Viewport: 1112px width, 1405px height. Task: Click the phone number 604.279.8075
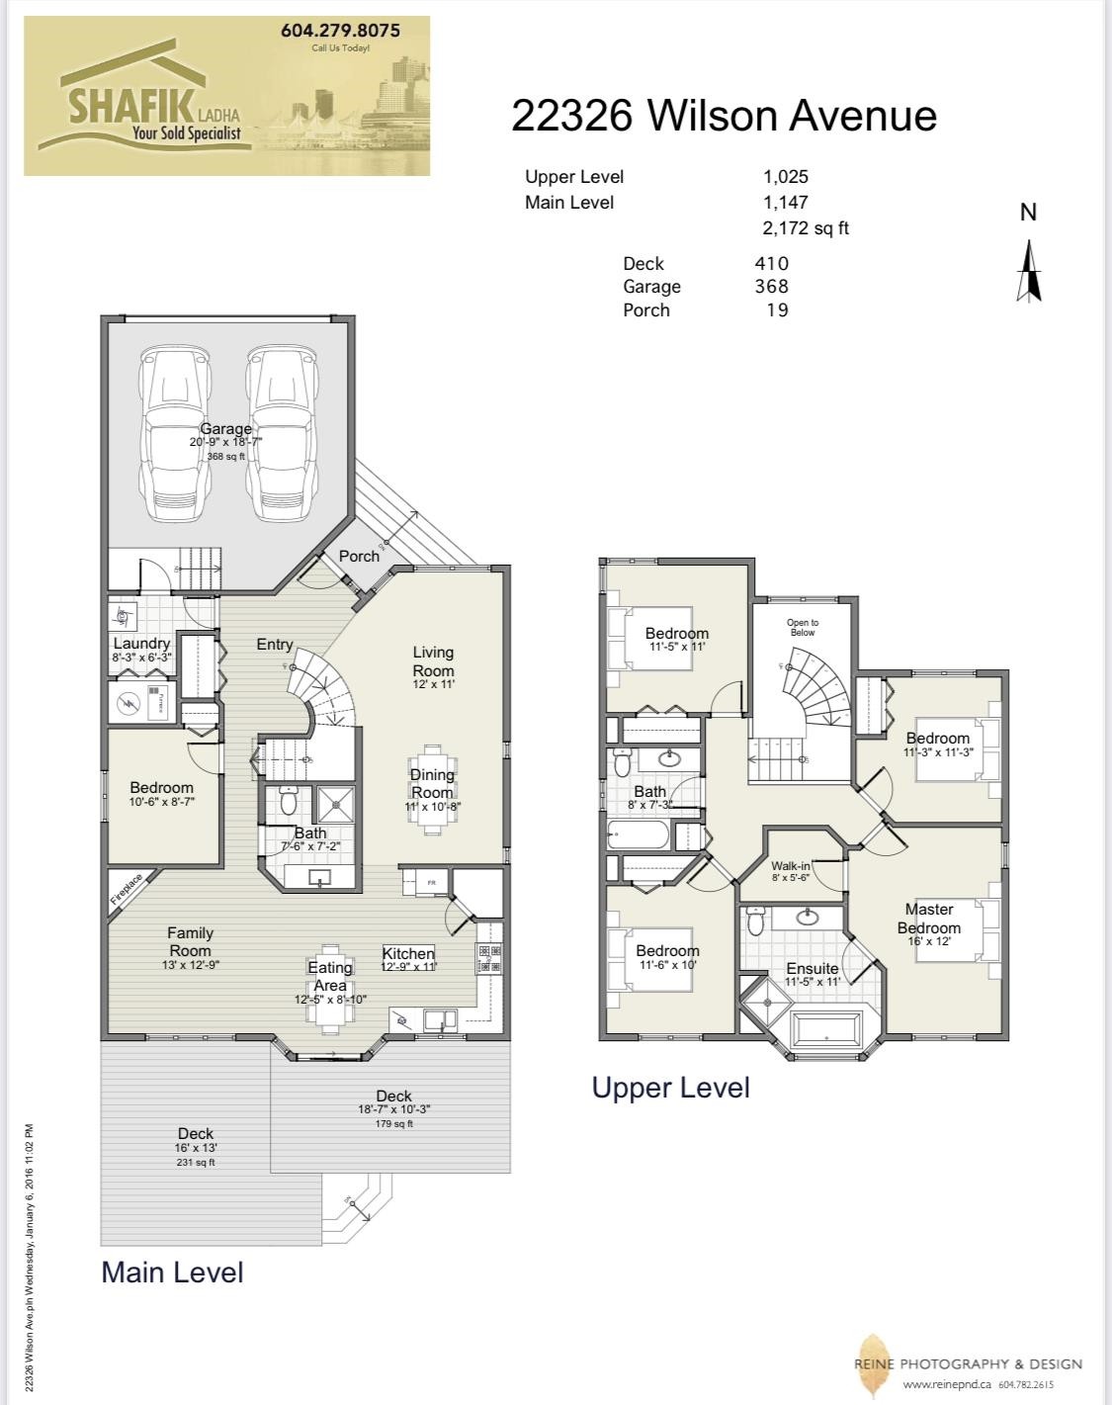click(x=340, y=31)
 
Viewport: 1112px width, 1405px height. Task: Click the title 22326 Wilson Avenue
click(x=724, y=116)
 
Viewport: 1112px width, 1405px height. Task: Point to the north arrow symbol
click(x=1028, y=272)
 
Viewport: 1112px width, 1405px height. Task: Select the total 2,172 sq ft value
click(x=805, y=228)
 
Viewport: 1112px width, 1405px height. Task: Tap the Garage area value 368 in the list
click(x=771, y=287)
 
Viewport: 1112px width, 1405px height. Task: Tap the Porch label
click(x=359, y=556)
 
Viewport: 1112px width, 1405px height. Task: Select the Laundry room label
click(x=141, y=644)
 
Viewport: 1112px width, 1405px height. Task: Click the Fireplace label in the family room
click(x=127, y=889)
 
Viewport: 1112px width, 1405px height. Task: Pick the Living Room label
click(x=433, y=661)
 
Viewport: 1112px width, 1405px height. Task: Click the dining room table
click(x=432, y=789)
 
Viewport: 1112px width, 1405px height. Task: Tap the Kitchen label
click(x=408, y=953)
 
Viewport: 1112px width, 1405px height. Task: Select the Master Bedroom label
click(x=928, y=919)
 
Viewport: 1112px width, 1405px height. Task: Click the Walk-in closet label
click(x=791, y=866)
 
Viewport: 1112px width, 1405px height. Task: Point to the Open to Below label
click(x=802, y=627)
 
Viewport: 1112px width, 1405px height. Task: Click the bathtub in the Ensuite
click(x=828, y=1028)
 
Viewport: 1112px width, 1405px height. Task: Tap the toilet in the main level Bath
click(x=289, y=800)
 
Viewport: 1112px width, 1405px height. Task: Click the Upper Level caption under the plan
click(x=670, y=1088)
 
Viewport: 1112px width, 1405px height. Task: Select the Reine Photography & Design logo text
click(x=969, y=1364)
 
